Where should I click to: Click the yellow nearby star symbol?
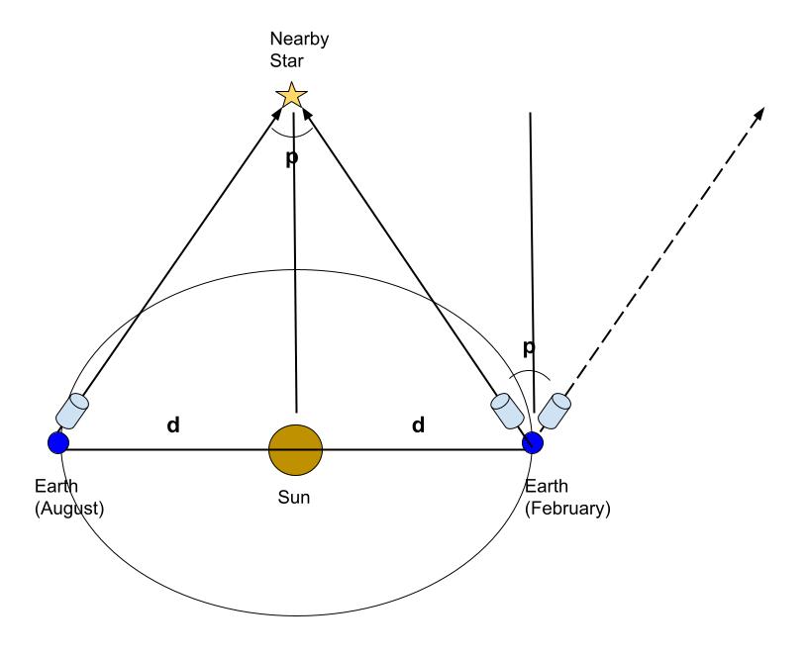291,95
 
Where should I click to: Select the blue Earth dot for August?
58,441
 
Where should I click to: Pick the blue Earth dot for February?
534,441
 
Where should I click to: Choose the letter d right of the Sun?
418,424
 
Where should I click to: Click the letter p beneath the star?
291,158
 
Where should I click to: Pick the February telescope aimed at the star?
507,410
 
